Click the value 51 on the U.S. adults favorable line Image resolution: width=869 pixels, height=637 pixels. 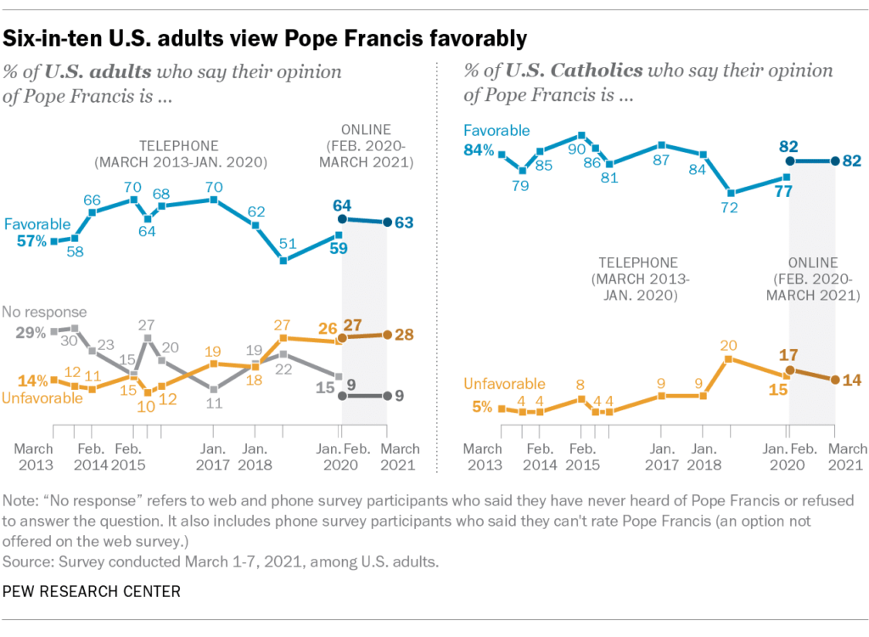[x=288, y=245]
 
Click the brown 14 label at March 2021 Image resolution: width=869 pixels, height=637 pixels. [x=850, y=380]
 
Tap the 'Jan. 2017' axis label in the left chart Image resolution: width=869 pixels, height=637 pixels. [x=212, y=457]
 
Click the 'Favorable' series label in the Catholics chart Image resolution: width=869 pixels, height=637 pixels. [x=496, y=130]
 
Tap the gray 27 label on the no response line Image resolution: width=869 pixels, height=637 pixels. [x=147, y=324]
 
